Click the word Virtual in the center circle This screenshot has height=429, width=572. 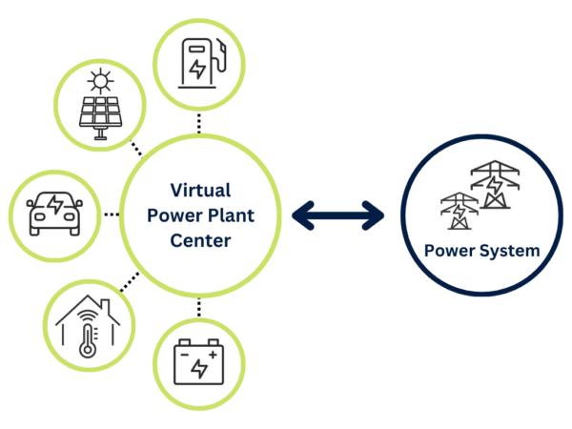200,190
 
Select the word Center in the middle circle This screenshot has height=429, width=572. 200,240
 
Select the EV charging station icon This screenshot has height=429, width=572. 200,59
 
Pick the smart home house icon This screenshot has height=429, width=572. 88,329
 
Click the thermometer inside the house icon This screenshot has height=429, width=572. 88,338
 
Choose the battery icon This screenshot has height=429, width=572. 199,363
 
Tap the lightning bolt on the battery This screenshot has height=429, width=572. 199,368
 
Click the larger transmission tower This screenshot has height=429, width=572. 494,184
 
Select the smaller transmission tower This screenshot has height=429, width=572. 459,211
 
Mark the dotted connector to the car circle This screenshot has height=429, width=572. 111,214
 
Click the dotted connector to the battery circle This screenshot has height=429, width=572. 199,307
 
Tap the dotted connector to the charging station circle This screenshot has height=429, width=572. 199,122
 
